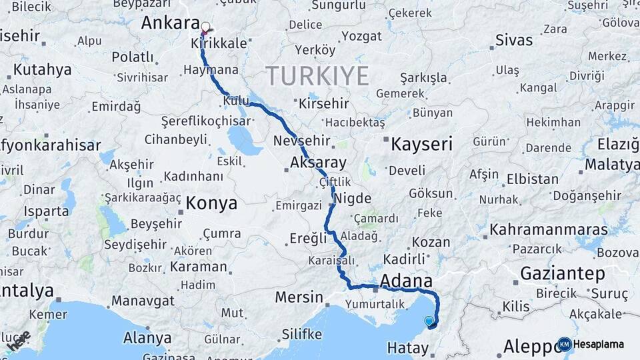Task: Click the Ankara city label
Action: click(170, 23)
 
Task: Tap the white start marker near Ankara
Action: click(205, 27)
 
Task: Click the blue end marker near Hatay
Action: click(429, 321)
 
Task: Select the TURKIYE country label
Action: click(317, 76)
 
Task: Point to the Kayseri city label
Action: click(421, 144)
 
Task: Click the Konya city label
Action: click(211, 203)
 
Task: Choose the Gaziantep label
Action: click(562, 274)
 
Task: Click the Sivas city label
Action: click(514, 40)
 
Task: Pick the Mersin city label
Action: click(299, 297)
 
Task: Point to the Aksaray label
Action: click(318, 163)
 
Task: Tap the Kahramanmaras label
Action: click(548, 230)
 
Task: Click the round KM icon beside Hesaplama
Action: click(565, 345)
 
